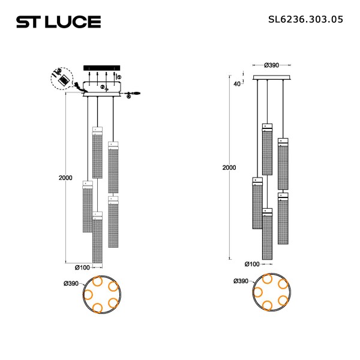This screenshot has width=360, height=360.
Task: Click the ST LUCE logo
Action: tap(58, 22)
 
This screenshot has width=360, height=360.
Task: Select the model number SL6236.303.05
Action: tap(305, 19)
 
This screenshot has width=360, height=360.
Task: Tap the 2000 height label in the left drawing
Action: tap(66, 178)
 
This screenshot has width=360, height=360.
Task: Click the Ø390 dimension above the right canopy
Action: tap(272, 65)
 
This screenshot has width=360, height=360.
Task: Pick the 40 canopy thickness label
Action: tap(237, 83)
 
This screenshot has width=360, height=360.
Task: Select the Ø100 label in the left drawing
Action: tap(83, 268)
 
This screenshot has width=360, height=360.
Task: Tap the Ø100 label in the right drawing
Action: tap(253, 264)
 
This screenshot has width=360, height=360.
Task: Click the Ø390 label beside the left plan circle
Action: tap(71, 283)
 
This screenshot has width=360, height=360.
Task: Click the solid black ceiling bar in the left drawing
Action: tap(102, 67)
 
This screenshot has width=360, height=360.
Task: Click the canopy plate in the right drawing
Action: tap(272, 77)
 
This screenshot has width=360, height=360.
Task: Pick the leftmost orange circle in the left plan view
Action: tap(88, 295)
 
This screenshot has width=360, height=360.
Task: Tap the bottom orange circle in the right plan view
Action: tap(268, 306)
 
